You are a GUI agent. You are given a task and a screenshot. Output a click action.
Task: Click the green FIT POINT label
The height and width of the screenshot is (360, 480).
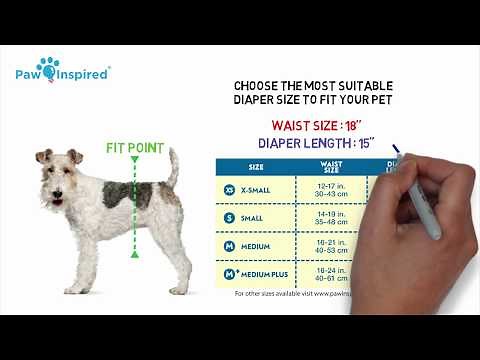click(x=134, y=148)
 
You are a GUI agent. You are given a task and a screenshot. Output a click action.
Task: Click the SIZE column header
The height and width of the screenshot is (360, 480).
click(x=256, y=167)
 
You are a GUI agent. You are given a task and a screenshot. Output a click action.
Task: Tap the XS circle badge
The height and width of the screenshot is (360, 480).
click(x=230, y=189)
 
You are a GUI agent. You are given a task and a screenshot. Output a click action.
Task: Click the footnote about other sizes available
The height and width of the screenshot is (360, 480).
click(x=300, y=294)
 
